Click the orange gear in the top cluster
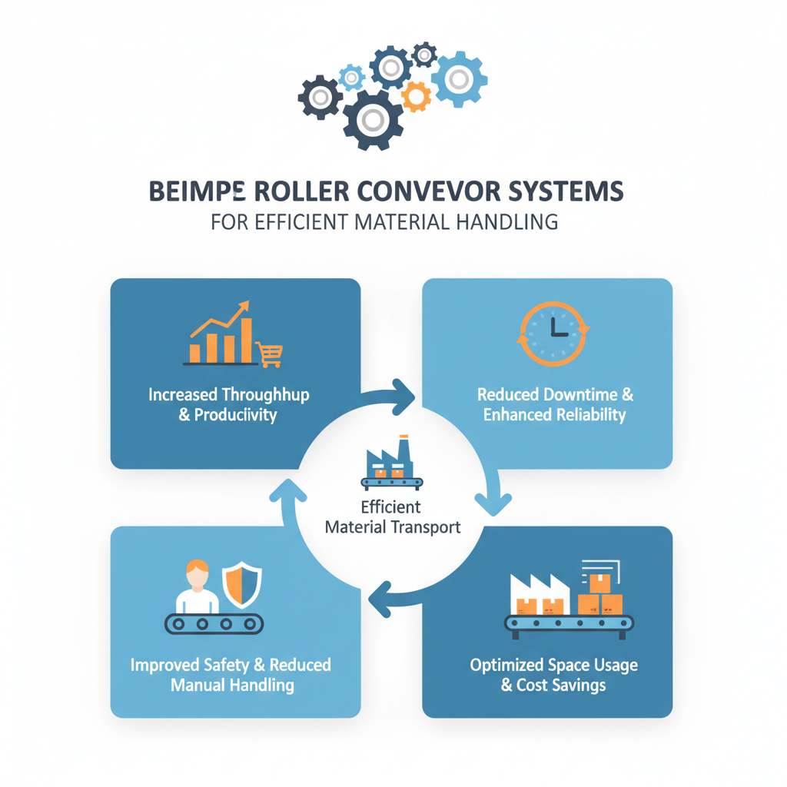point(417,96)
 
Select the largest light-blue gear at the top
point(459,78)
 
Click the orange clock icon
point(553,333)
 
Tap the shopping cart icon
point(270,354)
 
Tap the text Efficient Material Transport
point(393,517)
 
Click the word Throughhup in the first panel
point(265,395)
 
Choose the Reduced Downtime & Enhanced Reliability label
point(555,405)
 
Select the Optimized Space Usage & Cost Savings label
point(553,674)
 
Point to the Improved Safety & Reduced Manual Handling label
point(231,674)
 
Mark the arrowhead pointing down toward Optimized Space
point(493,503)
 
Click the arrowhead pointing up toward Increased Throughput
point(284,490)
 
